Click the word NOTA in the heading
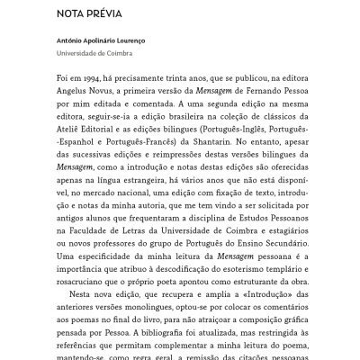pyautogui.click(x=71, y=14)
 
